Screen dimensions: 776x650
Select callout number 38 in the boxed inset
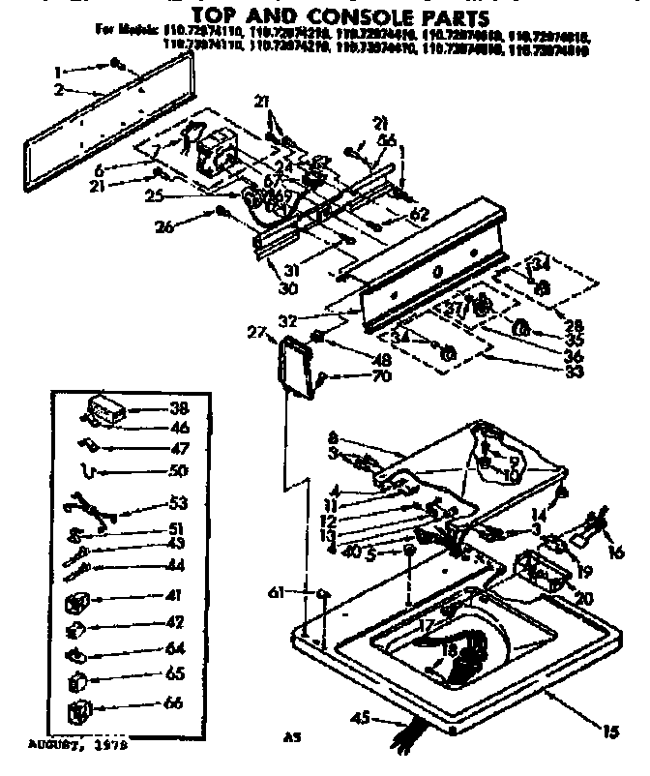click(x=178, y=407)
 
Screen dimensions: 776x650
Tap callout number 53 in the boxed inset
click(x=178, y=503)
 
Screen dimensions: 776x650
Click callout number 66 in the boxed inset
click(x=174, y=703)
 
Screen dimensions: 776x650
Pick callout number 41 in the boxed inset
click(x=174, y=596)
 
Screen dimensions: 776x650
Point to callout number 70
click(x=354, y=375)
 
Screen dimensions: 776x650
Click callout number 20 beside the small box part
click(x=585, y=599)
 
